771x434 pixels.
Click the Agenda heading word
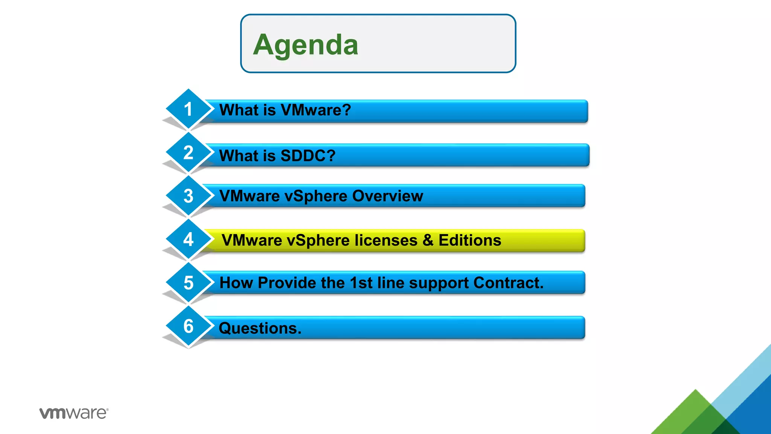[305, 45]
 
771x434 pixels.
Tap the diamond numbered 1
[188, 109]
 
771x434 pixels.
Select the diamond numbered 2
[188, 153]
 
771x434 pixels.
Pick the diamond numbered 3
[188, 196]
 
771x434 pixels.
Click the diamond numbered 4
[188, 239]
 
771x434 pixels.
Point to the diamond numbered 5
[188, 283]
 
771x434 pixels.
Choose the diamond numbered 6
[188, 326]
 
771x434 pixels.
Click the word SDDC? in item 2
[308, 156]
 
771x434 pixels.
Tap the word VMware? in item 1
[315, 110]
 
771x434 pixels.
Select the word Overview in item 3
[387, 196]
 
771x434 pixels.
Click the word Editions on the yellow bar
[469, 240]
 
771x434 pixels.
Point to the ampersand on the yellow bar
[428, 240]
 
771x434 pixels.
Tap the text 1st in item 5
[361, 283]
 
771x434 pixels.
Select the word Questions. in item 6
[260, 328]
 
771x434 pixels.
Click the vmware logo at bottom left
[74, 413]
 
